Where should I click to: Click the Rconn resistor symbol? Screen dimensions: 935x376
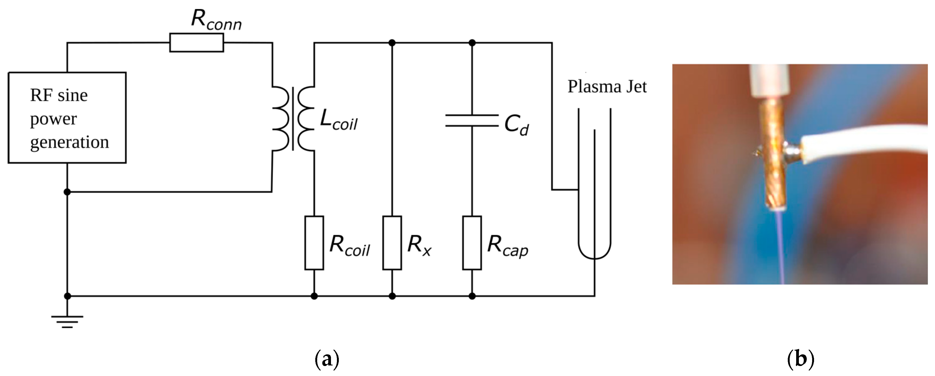point(196,43)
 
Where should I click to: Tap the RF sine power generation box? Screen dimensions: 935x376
point(67,118)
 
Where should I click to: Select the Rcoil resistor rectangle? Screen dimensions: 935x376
point(314,243)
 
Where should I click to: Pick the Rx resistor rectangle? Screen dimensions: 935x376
point(392,243)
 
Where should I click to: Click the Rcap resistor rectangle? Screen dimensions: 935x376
point(472,243)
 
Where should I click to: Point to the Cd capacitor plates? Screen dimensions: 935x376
point(472,121)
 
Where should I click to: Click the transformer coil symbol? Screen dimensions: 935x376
point(293,119)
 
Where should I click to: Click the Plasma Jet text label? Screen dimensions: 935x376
point(607,87)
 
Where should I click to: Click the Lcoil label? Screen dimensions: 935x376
point(339,120)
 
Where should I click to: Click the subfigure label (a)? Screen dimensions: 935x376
point(327,359)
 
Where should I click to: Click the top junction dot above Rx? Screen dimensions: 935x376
point(392,43)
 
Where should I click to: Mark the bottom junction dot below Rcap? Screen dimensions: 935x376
point(472,296)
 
